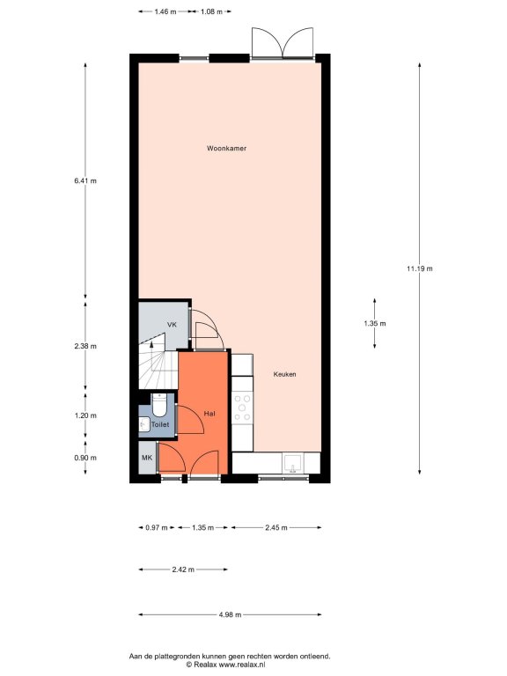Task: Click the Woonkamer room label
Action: (x=226, y=148)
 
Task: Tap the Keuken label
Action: (x=284, y=374)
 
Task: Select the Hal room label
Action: (x=209, y=414)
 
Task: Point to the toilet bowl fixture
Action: (x=159, y=405)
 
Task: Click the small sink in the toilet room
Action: (x=144, y=424)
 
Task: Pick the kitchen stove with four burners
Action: (x=242, y=408)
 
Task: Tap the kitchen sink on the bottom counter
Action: (x=293, y=463)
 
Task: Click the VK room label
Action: (x=172, y=325)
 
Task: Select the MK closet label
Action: (x=147, y=458)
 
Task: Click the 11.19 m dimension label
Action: (x=420, y=268)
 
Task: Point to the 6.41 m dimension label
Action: (x=85, y=181)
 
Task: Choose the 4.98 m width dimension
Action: (x=230, y=614)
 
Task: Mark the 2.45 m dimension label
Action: (x=276, y=527)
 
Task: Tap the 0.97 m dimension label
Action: (x=157, y=527)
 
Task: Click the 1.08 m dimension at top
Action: (x=211, y=11)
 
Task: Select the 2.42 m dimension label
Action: (x=183, y=569)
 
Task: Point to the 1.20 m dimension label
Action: (x=85, y=415)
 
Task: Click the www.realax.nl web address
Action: (x=242, y=665)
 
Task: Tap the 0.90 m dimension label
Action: (x=85, y=458)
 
